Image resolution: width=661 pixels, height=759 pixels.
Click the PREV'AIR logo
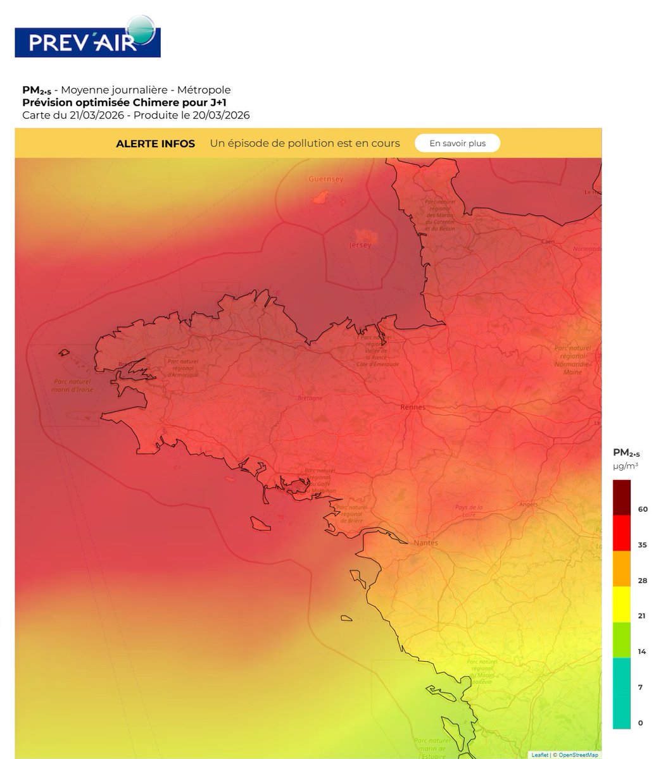coord(87,37)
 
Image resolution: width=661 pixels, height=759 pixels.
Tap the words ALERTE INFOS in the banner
coord(155,144)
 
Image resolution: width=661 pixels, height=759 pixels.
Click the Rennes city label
coord(413,407)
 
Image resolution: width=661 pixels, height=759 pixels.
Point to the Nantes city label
coord(425,543)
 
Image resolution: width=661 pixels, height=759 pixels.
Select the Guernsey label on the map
coord(325,179)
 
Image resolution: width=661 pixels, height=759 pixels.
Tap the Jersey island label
coord(360,245)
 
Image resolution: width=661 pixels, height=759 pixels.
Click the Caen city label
coord(548,242)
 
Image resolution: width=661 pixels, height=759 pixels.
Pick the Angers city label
coord(527,504)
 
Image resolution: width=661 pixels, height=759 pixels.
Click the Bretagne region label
coord(310,398)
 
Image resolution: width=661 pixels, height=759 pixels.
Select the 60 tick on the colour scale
coord(642,509)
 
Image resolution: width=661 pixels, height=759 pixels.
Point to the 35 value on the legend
coord(642,545)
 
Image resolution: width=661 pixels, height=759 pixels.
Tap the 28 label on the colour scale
coord(642,580)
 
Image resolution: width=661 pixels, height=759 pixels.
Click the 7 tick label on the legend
coord(640,687)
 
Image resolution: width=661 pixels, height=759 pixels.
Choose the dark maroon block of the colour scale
coord(622,498)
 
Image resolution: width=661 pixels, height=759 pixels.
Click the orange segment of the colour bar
coord(622,569)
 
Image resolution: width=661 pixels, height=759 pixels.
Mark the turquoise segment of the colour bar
coord(622,693)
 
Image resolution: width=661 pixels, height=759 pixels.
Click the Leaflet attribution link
coord(539,755)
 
